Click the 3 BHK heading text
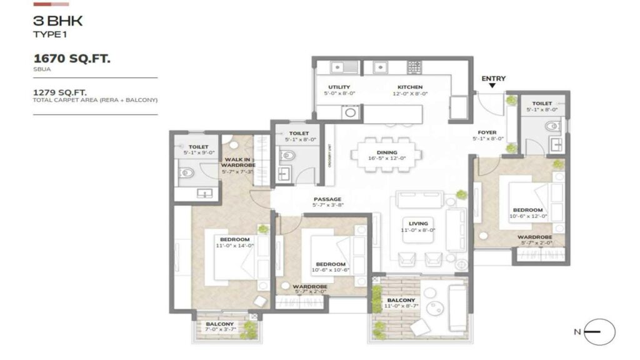click(x=58, y=21)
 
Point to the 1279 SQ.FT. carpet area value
click(x=60, y=92)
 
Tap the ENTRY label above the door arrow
click(x=493, y=79)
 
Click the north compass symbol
click(x=599, y=332)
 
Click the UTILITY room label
click(x=339, y=87)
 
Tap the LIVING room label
click(x=418, y=223)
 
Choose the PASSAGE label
click(x=327, y=199)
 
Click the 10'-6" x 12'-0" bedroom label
click(x=527, y=213)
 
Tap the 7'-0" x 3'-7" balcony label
click(x=219, y=327)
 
